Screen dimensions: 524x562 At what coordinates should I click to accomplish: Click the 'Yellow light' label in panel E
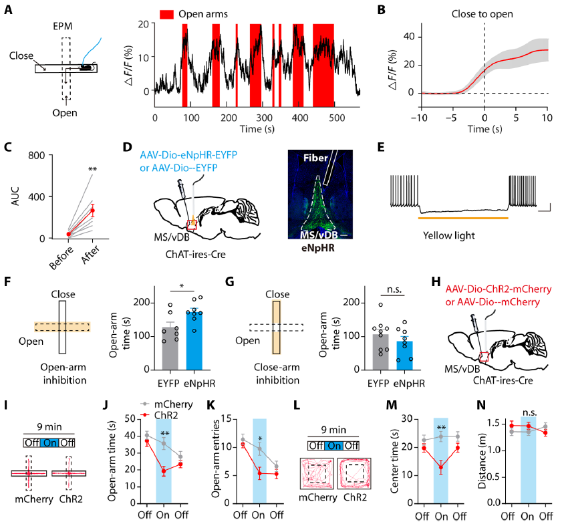click(x=448, y=236)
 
